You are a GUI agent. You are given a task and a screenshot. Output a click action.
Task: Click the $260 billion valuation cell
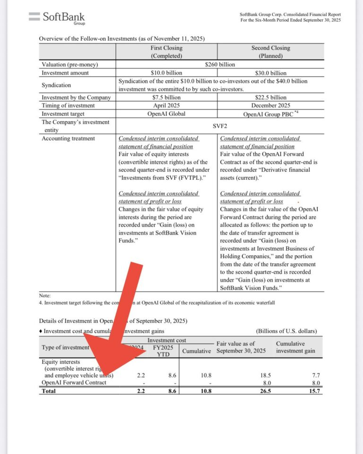pos(220,65)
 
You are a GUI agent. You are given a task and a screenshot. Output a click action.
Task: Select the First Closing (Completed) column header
pos(166,51)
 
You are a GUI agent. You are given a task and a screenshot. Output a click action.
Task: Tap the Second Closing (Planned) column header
pos(270,51)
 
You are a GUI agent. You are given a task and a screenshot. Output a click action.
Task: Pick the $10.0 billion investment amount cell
pos(166,73)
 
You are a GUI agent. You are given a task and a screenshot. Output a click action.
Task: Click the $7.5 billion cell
pos(166,98)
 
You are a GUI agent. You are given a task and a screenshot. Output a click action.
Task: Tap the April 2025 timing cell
pos(166,106)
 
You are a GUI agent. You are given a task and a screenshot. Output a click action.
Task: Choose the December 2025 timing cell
pos(271,106)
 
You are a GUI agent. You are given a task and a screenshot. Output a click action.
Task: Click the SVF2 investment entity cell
pos(220,126)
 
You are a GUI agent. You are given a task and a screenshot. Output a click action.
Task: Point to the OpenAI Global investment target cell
pos(166,114)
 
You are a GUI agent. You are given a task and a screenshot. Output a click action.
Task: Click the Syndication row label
pos(56,85)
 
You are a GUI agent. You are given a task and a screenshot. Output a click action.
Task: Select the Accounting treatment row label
pos(68,139)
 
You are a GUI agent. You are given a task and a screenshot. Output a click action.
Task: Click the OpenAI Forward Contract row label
pos(74,383)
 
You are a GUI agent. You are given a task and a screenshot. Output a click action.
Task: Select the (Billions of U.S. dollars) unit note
pos(286,331)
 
